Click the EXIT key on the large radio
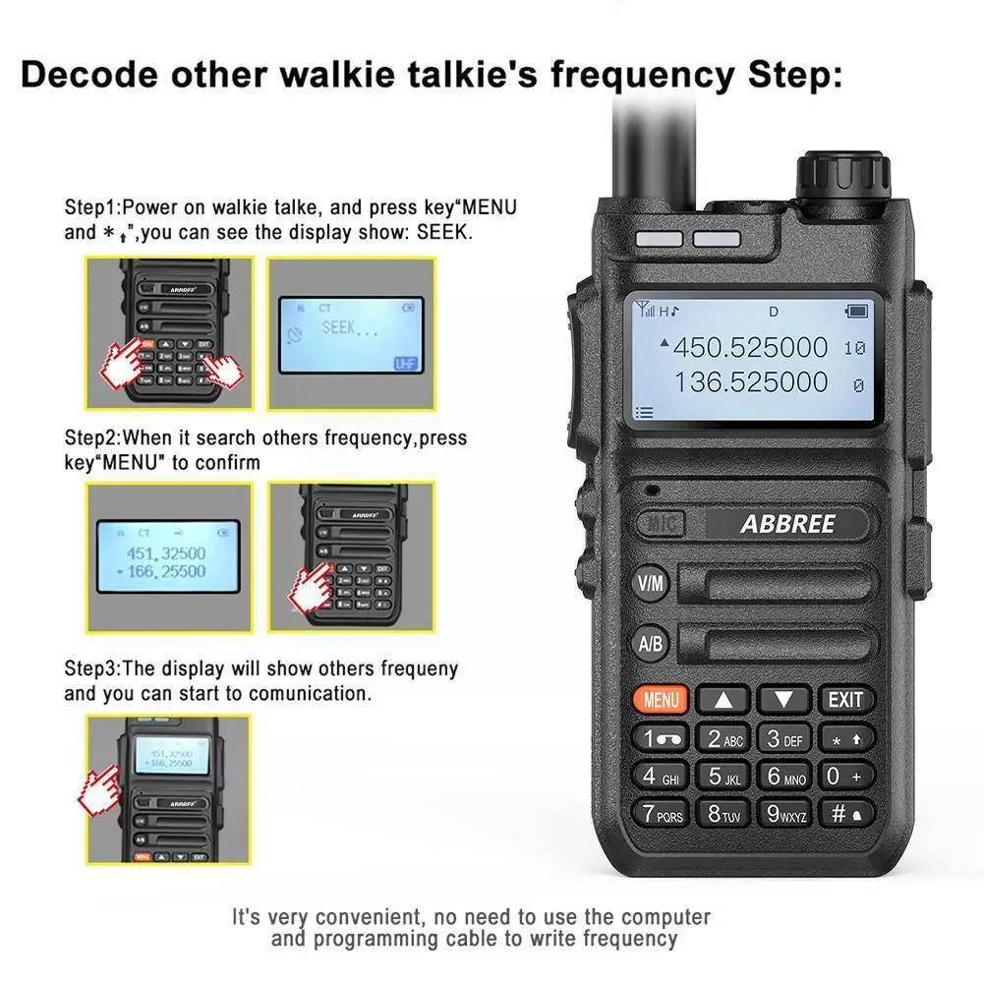point(844,700)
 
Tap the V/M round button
point(651,583)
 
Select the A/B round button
point(651,644)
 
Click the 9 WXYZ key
point(784,814)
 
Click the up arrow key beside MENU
point(723,701)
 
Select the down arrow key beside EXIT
point(784,701)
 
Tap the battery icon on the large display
point(856,312)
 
